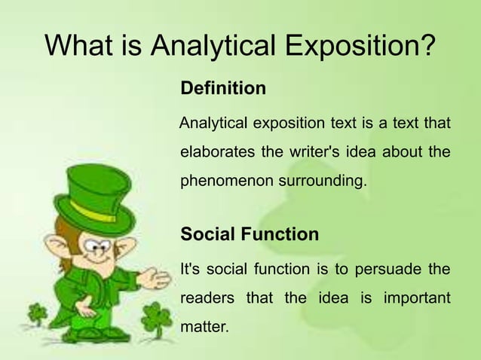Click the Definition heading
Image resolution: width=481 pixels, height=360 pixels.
coord(223,89)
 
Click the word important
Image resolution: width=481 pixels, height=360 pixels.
coord(417,298)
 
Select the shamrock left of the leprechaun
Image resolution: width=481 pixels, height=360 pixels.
coord(37,313)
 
